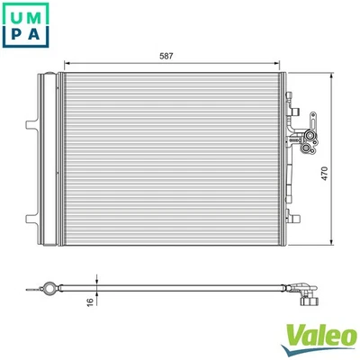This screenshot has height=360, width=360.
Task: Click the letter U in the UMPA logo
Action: tap(17, 17)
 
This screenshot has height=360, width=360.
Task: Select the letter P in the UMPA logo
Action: tap(17, 39)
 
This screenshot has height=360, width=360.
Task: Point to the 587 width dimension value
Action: tap(166, 56)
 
